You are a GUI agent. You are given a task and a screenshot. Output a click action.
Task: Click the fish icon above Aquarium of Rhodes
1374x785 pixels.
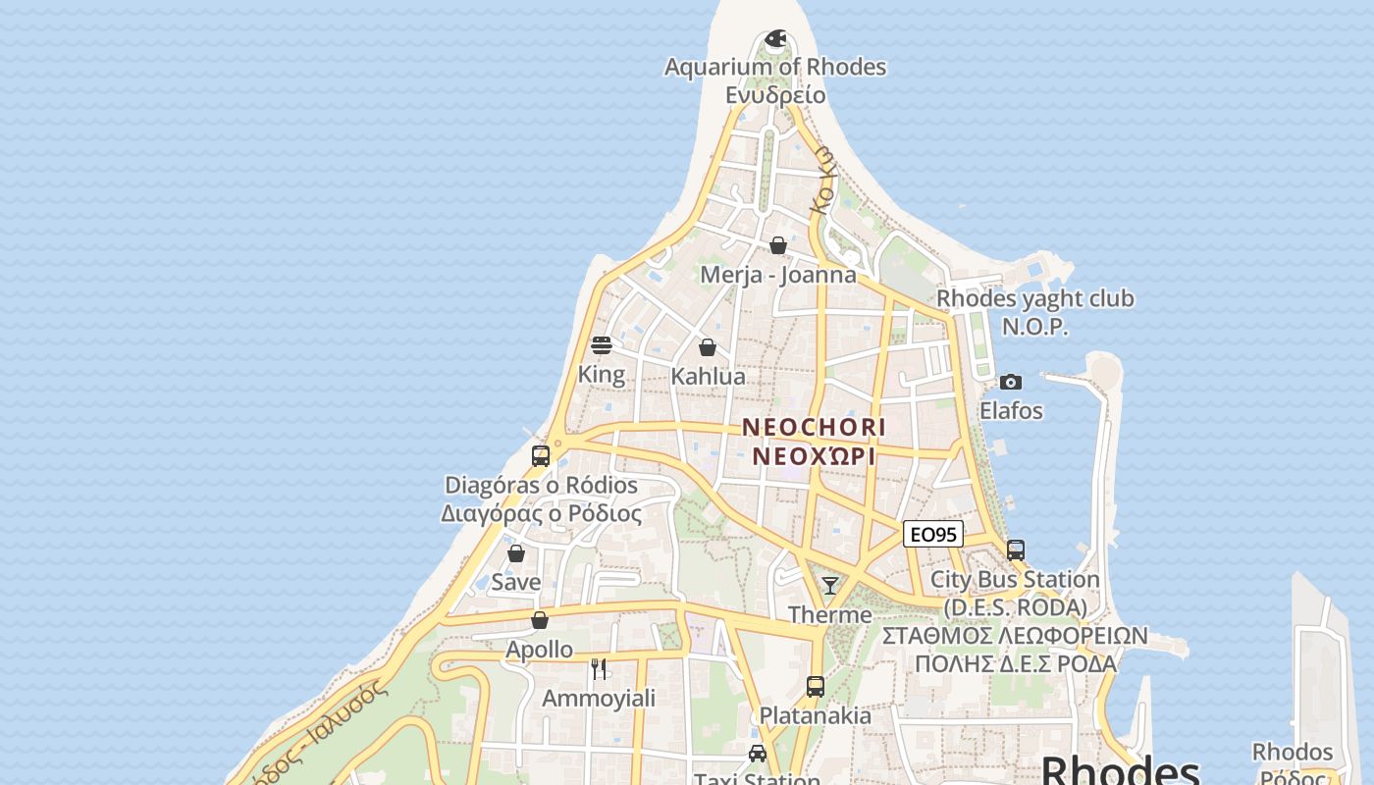click(x=775, y=39)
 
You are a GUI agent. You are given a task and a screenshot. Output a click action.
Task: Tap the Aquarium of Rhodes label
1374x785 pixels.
click(x=775, y=67)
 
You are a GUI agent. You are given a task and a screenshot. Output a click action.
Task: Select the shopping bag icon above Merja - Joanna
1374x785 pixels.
click(x=778, y=245)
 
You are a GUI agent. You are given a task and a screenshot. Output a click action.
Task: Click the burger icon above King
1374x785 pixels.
click(x=602, y=345)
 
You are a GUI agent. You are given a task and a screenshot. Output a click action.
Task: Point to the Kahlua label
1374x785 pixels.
click(x=708, y=377)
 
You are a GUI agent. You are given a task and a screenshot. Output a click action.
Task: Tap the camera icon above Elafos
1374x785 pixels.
click(x=1011, y=382)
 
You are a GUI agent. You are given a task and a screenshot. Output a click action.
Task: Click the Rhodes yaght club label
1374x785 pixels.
click(x=1034, y=298)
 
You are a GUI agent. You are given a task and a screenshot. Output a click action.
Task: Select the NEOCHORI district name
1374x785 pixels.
click(x=814, y=428)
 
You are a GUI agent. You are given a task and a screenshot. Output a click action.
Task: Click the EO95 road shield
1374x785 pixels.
click(x=932, y=534)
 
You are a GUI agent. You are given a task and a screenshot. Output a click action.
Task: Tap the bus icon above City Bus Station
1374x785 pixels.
click(x=1016, y=550)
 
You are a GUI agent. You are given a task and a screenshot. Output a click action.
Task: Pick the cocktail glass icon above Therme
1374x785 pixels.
click(x=830, y=586)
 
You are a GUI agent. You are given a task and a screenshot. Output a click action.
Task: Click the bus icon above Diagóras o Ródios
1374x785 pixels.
click(x=541, y=456)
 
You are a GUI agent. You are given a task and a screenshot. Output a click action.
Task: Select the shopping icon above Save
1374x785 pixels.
click(x=516, y=553)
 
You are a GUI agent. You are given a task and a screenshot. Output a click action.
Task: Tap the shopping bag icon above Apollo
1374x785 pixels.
click(x=539, y=620)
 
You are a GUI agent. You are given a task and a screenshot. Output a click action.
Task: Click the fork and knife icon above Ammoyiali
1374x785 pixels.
click(x=599, y=669)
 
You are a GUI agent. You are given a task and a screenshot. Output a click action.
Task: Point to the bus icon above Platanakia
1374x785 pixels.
click(x=816, y=687)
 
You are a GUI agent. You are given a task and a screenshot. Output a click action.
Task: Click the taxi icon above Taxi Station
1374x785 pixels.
click(x=758, y=754)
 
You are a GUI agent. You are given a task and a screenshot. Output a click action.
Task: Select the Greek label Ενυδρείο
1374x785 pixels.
click(x=775, y=95)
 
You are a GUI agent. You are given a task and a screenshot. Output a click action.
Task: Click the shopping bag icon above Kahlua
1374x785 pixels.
click(x=708, y=347)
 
